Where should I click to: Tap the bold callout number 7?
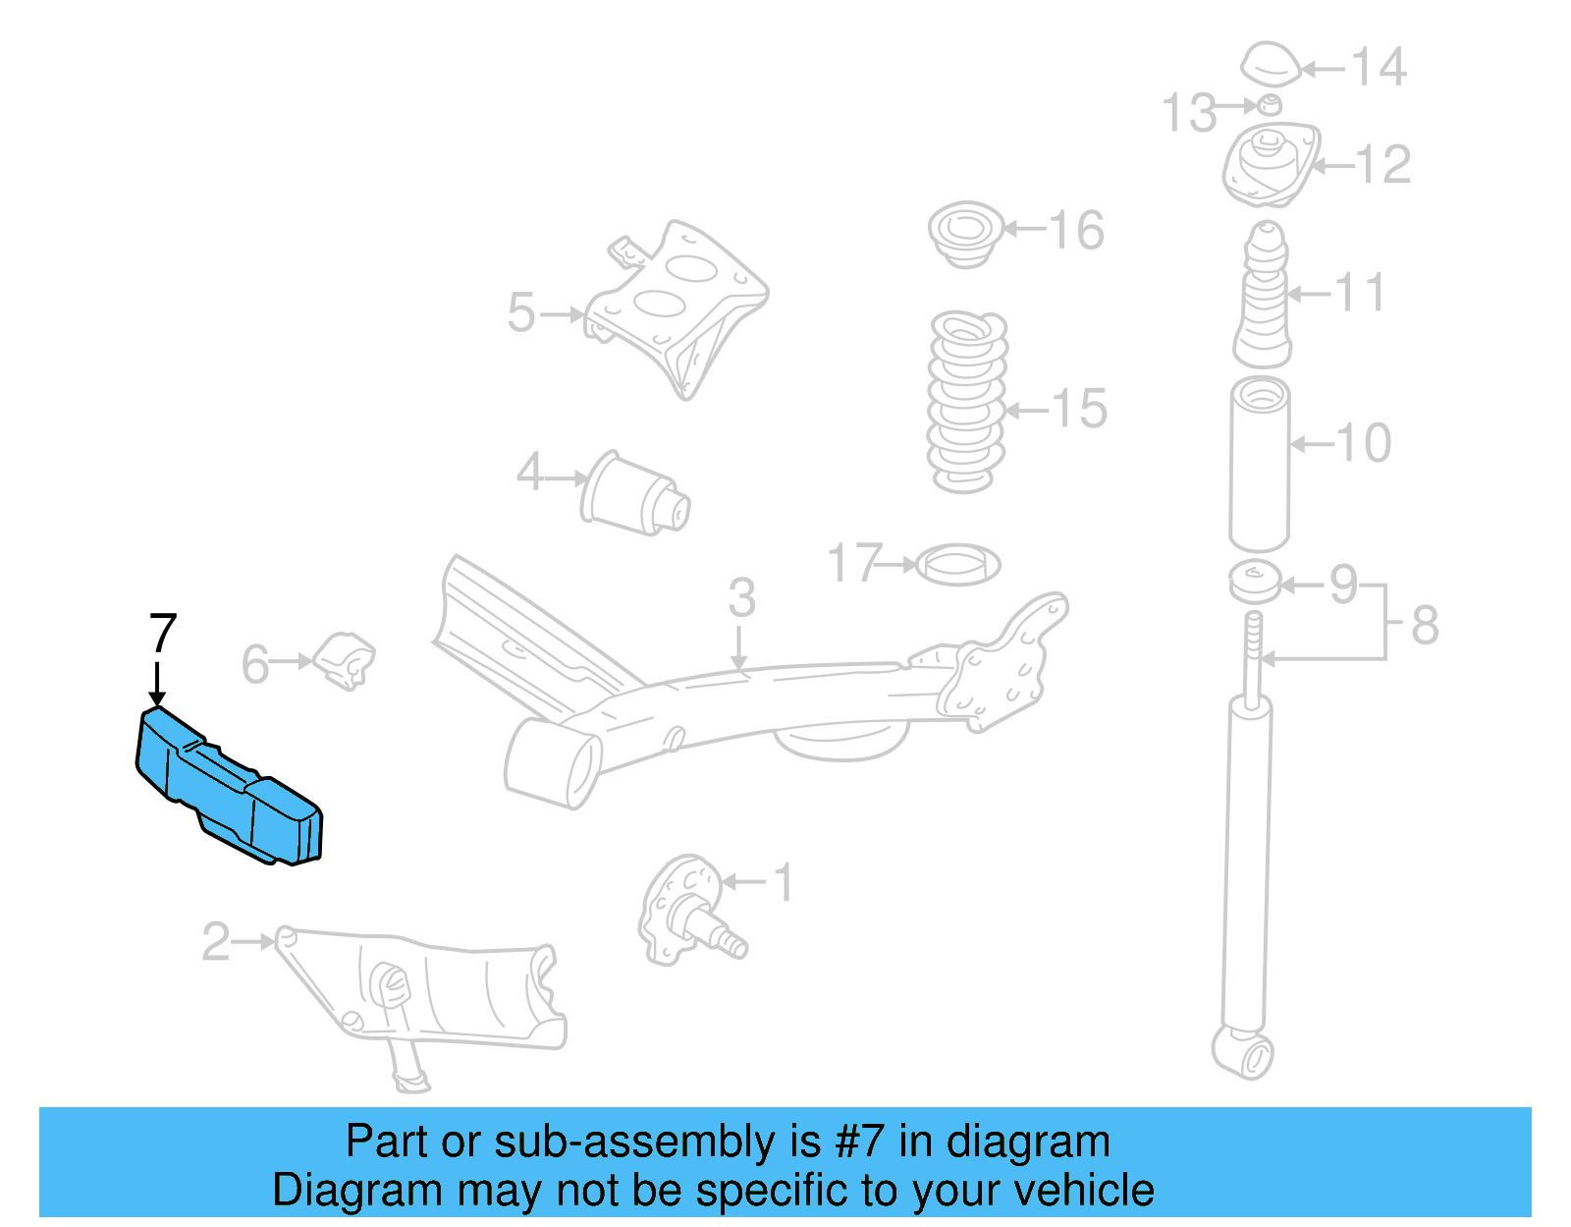tap(162, 634)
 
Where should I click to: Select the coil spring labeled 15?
tap(967, 403)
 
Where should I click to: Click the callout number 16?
tap(1077, 231)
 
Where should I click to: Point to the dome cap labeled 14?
tap(1271, 65)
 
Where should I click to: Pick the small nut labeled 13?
tap(1270, 105)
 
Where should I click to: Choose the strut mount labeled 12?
tap(1271, 164)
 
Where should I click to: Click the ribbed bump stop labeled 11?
tap(1264, 297)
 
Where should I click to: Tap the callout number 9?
tap(1343, 585)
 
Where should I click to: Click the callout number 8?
tap(1425, 625)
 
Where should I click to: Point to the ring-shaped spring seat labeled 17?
tap(957, 565)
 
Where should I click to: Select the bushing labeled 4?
tap(636, 493)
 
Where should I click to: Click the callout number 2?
tap(215, 942)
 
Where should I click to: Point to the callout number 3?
tap(741, 599)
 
